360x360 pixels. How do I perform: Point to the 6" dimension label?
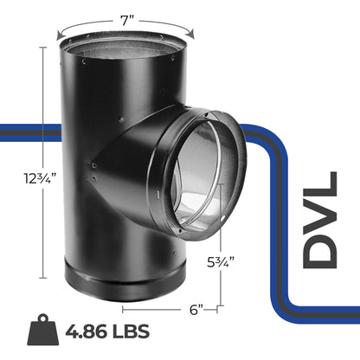tap(197, 308)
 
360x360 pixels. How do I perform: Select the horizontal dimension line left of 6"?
tap(151, 308)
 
